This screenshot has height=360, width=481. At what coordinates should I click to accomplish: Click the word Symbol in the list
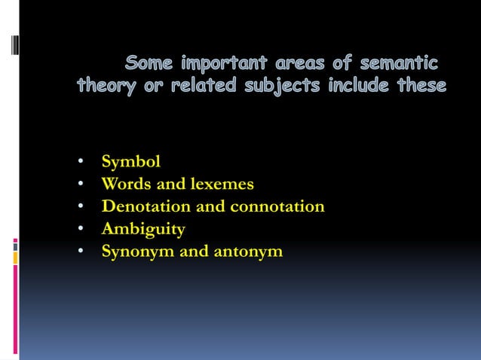click(131, 161)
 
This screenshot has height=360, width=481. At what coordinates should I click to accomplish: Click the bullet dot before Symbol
click(80, 162)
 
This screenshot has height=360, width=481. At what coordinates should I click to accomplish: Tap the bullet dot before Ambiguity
click(80, 230)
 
